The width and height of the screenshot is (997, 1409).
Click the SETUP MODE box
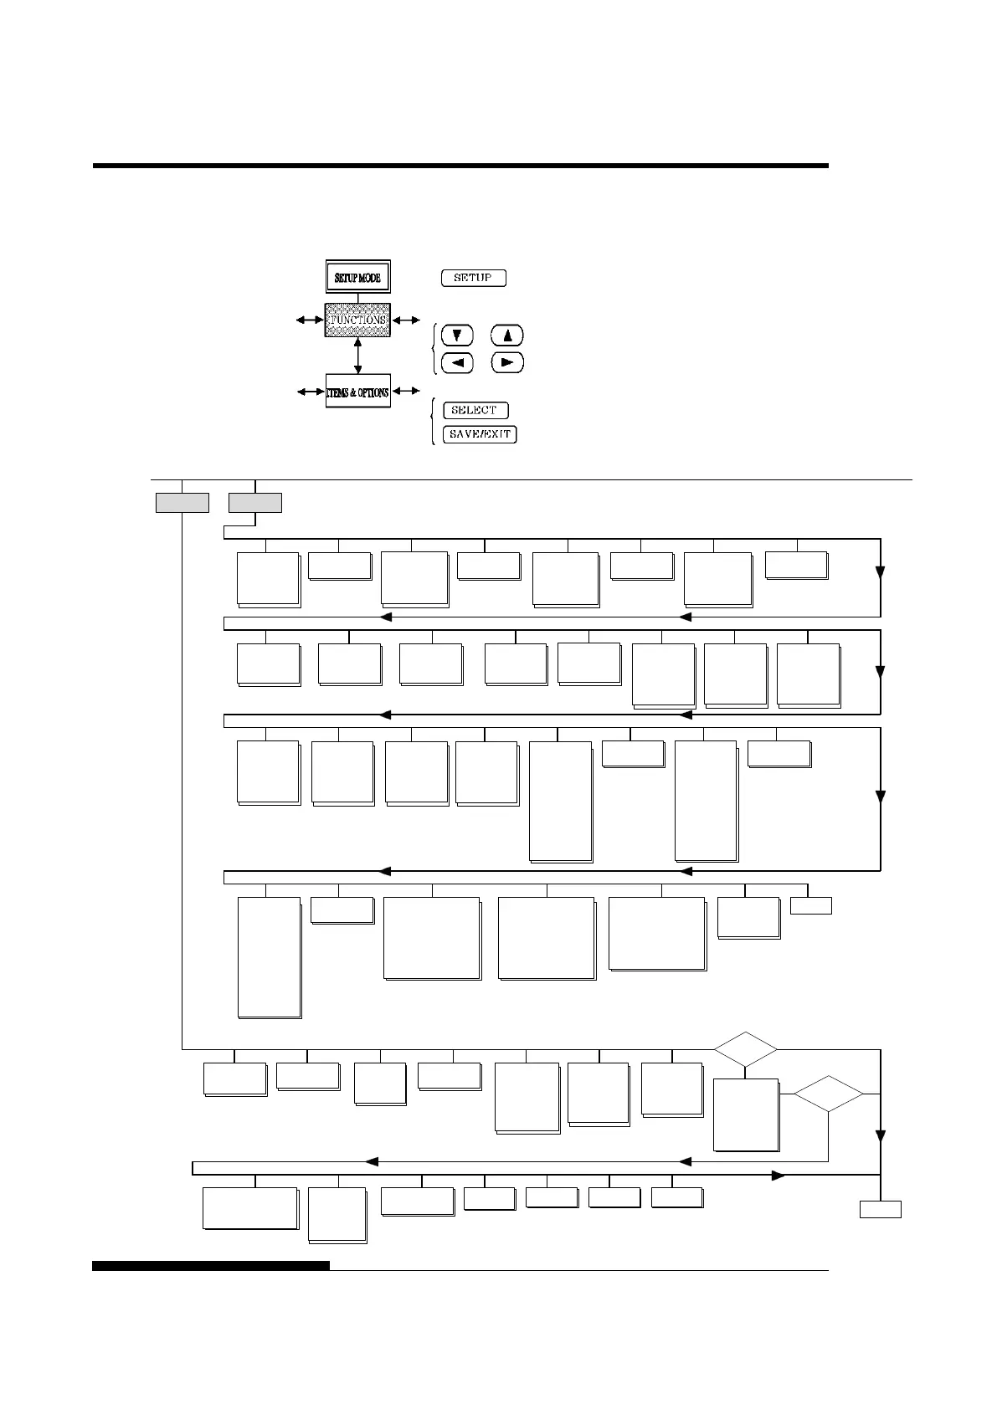point(358,277)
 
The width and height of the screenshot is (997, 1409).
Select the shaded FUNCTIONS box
point(358,320)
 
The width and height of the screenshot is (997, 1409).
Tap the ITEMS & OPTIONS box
point(358,392)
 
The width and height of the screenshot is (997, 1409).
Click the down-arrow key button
point(457,336)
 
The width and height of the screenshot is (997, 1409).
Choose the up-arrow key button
point(507,336)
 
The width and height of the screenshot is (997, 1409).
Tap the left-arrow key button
point(457,363)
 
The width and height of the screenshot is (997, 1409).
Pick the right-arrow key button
point(507,363)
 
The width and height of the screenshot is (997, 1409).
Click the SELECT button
point(475,410)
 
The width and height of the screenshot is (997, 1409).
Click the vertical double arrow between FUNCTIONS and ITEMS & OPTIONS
point(358,356)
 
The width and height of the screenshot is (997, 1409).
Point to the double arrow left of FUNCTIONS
point(309,320)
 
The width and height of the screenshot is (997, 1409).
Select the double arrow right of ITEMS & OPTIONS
point(407,391)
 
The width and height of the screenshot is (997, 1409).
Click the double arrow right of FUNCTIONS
point(407,320)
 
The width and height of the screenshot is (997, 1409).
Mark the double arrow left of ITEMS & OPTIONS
point(311,391)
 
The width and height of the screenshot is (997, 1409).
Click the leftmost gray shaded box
point(182,503)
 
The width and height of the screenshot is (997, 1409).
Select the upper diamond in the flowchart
point(745,1049)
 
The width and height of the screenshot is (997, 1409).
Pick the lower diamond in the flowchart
point(828,1094)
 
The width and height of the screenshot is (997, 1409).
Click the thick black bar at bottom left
point(210,1266)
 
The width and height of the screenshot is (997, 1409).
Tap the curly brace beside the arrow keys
point(433,349)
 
